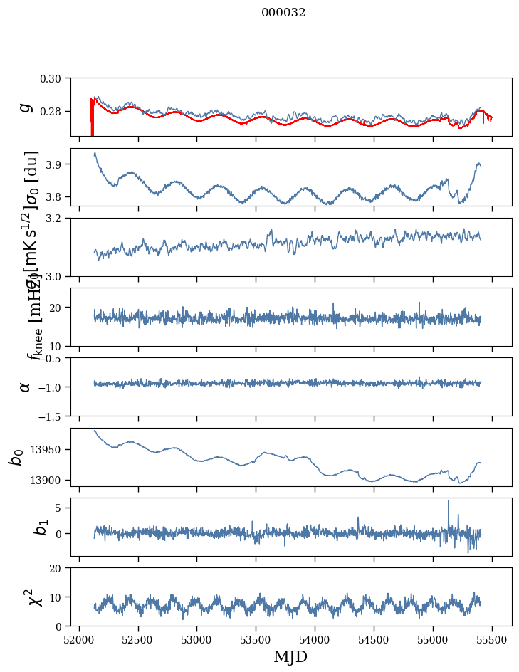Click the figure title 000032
coord(283,13)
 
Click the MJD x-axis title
coord(290,657)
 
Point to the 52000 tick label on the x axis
coord(79,640)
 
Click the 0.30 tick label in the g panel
coord(54,78)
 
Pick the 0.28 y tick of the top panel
coord(54,112)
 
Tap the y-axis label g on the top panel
coord(26,107)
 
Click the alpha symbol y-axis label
coord(26,386)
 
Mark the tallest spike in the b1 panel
coord(449,501)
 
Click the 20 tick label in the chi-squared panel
coord(59,568)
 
